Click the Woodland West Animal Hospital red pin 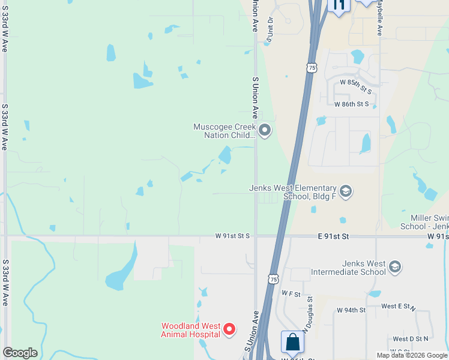[229, 329]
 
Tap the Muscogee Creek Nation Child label [224, 131]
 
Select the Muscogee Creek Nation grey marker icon [265, 130]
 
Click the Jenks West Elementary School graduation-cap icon [345, 192]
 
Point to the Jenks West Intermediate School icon [394, 267]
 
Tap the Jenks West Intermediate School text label [348, 268]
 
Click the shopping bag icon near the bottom [292, 342]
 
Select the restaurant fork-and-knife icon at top [339, 5]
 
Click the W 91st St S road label [232, 236]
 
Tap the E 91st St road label [333, 237]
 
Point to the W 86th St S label [352, 104]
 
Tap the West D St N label [411, 339]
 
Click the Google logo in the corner [20, 353]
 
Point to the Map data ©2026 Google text [411, 355]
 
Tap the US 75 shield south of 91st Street [273, 279]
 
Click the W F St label [291, 293]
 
